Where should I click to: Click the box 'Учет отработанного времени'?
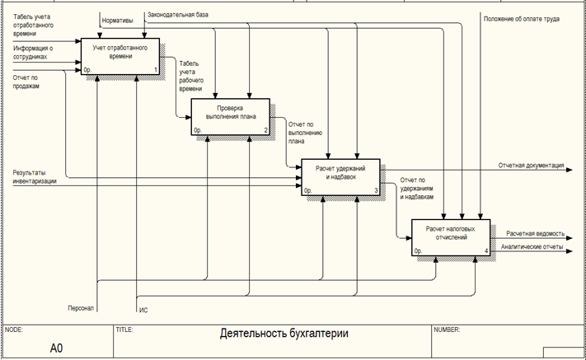pyautogui.click(x=120, y=56)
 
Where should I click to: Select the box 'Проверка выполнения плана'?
pyautogui.click(x=231, y=116)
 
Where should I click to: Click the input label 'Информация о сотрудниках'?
pyautogui.click(x=33, y=53)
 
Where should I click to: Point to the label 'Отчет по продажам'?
pyautogui.click(x=27, y=81)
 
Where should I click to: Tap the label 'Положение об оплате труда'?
pyautogui.click(x=521, y=18)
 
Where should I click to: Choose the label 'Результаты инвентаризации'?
pyautogui.click(x=35, y=176)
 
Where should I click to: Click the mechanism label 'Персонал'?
pyautogui.click(x=82, y=308)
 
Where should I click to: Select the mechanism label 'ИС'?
pyautogui.click(x=143, y=309)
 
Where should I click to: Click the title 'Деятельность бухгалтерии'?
pyautogui.click(x=284, y=334)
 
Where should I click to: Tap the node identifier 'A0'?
pyautogui.click(x=56, y=348)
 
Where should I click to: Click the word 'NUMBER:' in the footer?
pyautogui.click(x=446, y=330)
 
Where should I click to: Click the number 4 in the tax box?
pyautogui.click(x=485, y=250)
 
